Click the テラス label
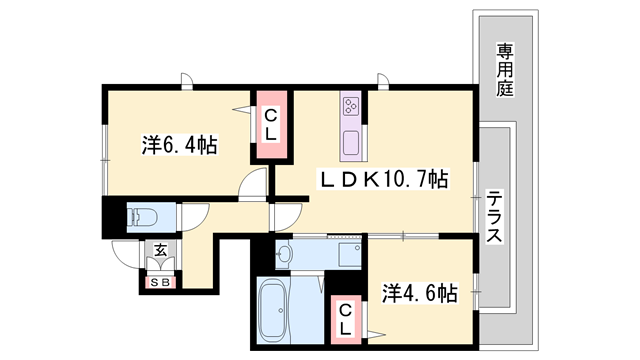[494, 220]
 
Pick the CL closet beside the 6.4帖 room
[270, 125]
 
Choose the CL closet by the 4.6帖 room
[344, 318]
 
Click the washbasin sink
[284, 254]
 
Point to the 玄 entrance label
[160, 252]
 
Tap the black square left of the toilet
[110, 216]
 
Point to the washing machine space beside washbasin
[347, 255]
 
